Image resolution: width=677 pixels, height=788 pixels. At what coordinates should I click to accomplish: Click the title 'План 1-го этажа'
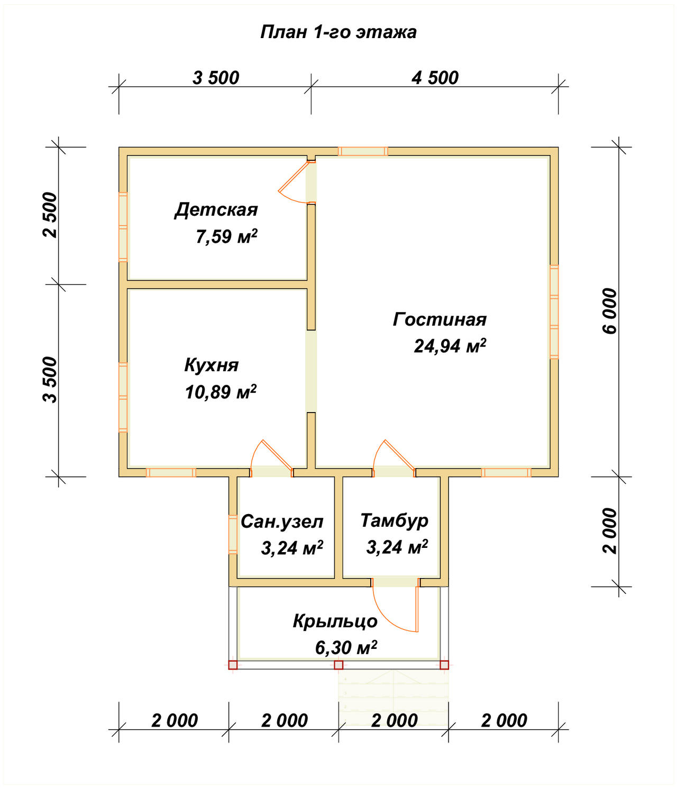coord(338,33)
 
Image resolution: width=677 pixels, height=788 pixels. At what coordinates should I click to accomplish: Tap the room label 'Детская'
coord(216,210)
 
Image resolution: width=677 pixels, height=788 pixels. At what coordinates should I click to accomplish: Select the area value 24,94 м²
coord(450,346)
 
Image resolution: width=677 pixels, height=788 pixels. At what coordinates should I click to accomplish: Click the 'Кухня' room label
coord(212,365)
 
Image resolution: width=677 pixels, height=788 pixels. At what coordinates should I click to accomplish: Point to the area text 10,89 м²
coord(221,391)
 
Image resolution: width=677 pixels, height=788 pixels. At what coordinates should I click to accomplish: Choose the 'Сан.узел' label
coord(282,521)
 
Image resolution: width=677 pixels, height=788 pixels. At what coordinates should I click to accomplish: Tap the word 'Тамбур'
coord(394,521)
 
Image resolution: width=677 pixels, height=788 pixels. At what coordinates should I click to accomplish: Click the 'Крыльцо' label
coord(335,621)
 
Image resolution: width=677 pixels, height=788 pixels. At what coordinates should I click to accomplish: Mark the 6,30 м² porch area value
coord(346,647)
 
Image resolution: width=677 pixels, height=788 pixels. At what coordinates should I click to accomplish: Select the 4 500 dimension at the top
coord(435,78)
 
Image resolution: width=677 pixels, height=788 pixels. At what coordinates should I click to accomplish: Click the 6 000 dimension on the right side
coord(609,311)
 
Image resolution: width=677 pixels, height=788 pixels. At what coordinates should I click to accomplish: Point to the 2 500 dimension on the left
coord(50,215)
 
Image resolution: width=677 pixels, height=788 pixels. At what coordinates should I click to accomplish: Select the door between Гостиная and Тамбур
coord(394,458)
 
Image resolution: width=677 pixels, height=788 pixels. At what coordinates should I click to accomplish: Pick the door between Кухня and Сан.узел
coord(272,458)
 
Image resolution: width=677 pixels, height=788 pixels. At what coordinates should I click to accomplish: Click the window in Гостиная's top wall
coord(363,151)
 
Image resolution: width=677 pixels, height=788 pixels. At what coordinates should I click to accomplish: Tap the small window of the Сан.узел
coord(233,534)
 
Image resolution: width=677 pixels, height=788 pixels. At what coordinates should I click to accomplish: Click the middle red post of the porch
coord(338,665)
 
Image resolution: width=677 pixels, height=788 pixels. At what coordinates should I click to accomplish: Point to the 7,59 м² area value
coord(226,236)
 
